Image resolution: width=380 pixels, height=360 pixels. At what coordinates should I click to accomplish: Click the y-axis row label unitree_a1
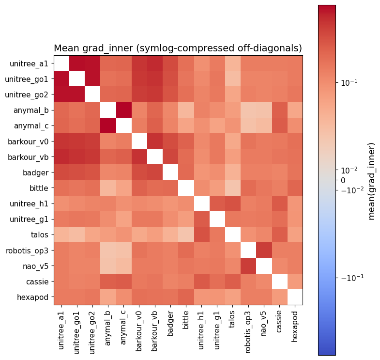pos(29,63)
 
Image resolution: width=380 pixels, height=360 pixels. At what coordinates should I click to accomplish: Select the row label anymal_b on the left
pos(30,110)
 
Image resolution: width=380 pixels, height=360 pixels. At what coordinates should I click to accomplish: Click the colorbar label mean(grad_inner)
pos(372,181)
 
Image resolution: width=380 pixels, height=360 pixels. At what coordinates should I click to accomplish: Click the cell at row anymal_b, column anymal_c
pos(123,110)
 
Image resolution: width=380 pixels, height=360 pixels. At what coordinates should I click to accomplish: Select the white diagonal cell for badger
pos(170,172)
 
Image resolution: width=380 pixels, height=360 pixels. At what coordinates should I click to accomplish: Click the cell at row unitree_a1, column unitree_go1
pos(77,63)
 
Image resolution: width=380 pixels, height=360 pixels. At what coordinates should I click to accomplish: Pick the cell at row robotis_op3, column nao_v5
pos(264,250)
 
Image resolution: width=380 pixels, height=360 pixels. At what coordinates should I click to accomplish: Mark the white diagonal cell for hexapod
pos(295,297)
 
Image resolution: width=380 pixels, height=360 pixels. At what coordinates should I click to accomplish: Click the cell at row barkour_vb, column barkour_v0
pos(139,157)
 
